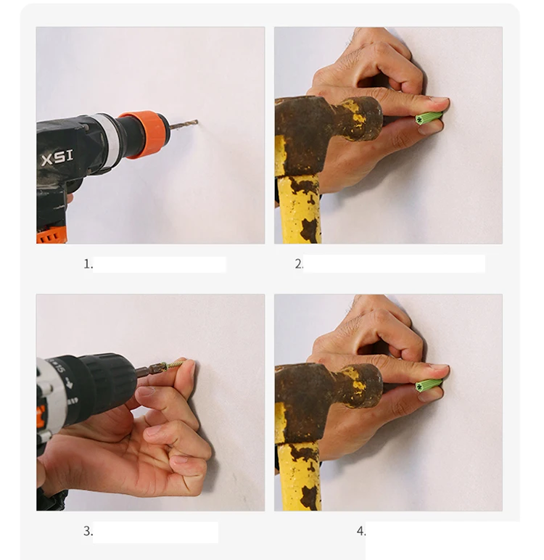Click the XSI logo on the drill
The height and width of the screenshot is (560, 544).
tap(57, 158)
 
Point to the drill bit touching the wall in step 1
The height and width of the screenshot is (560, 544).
tap(184, 125)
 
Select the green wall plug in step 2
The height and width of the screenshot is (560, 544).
tap(428, 118)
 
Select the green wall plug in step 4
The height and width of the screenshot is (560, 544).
tap(428, 386)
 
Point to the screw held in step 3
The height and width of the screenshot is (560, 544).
tap(174, 364)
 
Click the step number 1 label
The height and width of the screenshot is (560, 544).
tap(88, 264)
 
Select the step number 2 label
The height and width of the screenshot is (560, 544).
tap(299, 264)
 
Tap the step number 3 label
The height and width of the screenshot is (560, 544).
tap(88, 531)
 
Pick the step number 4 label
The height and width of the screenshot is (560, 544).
tap(360, 531)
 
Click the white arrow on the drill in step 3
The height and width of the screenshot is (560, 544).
tap(70, 384)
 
